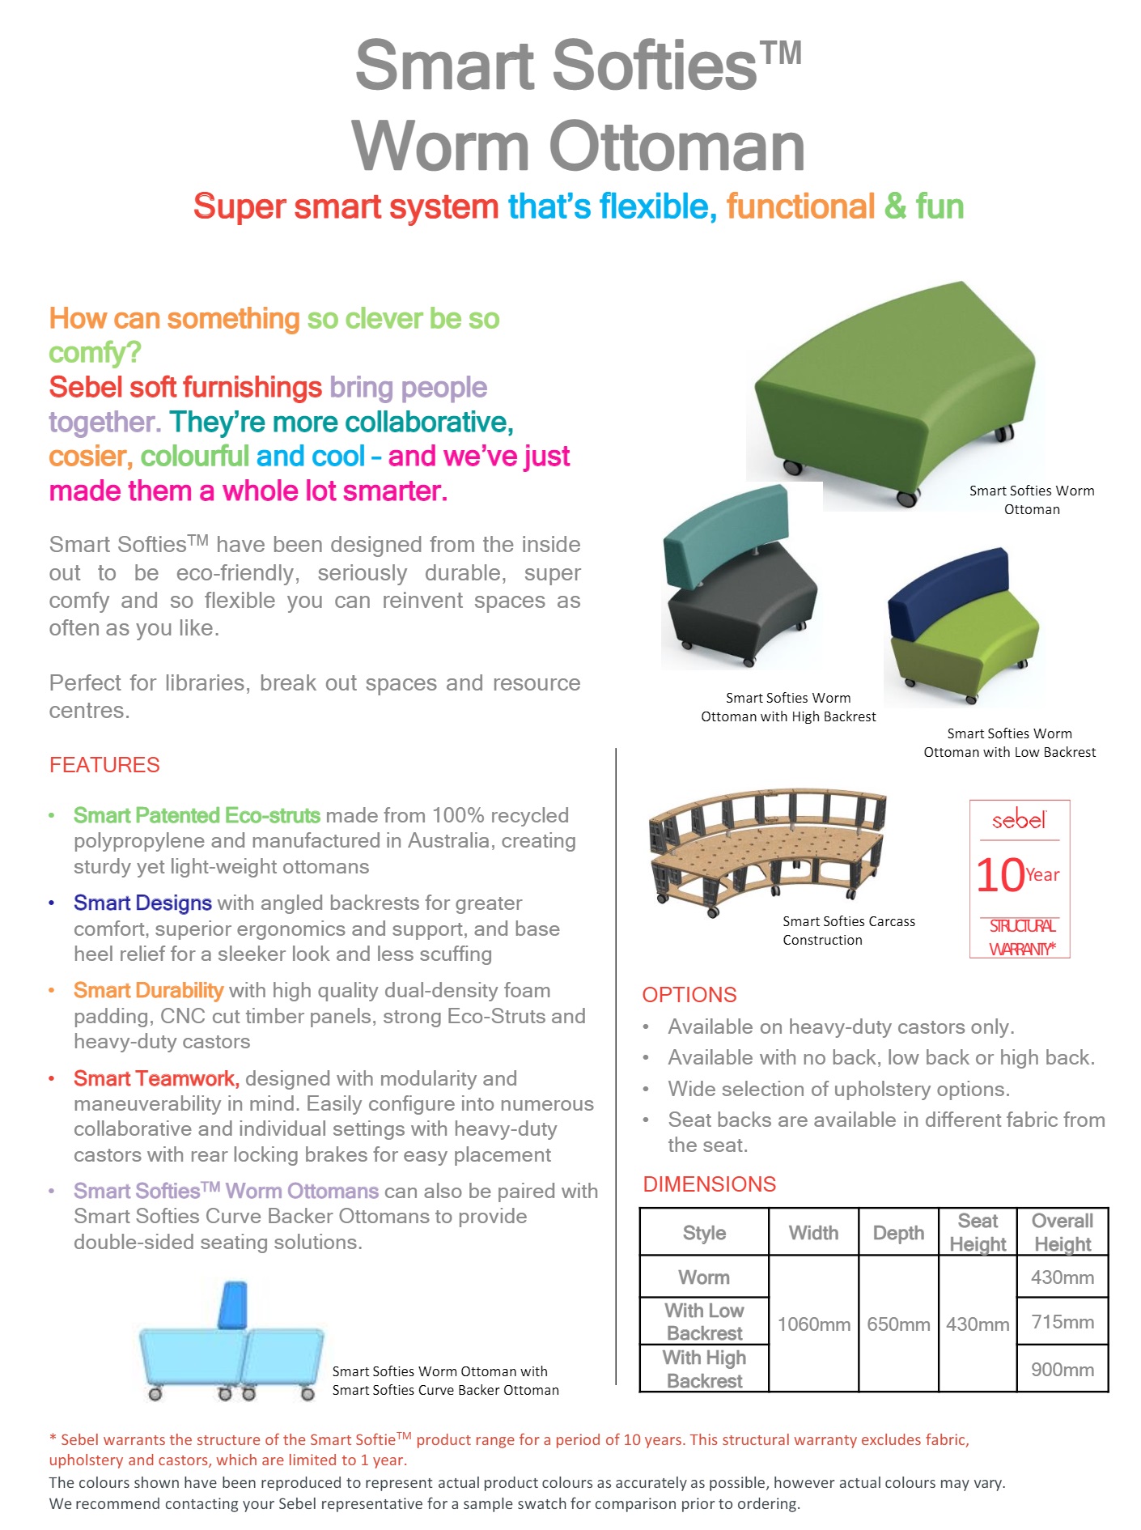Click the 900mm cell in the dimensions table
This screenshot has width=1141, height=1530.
[1062, 1370]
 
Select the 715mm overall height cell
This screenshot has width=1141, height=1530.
[1062, 1322]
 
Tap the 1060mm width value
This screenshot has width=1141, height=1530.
[813, 1324]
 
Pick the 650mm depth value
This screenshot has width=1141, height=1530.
[898, 1324]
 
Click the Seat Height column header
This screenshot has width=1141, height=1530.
[978, 1232]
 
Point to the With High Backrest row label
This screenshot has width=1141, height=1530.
[704, 1369]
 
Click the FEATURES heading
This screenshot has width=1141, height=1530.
[104, 765]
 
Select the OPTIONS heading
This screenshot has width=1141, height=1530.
[689, 995]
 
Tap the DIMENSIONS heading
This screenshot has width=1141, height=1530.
[709, 1184]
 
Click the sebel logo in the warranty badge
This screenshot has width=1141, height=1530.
[1019, 821]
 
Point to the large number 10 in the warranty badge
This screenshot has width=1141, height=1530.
[1000, 876]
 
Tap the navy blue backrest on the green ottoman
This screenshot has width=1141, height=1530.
[947, 592]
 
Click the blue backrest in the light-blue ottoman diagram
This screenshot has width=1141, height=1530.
[233, 1304]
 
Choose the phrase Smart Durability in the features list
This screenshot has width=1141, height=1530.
[148, 990]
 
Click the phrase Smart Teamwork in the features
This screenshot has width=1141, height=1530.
[155, 1078]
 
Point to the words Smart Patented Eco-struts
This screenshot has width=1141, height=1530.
[197, 815]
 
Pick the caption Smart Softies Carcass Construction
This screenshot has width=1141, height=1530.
[848, 930]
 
